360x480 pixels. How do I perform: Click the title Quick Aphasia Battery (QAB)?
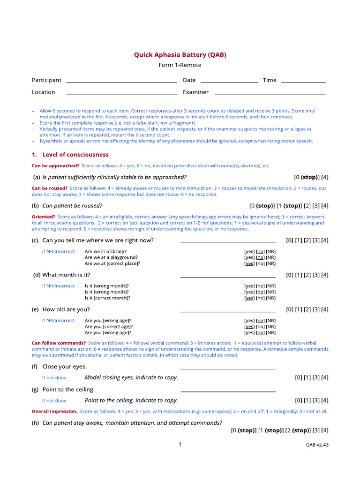click(180, 55)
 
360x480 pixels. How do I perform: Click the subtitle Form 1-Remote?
click(180, 65)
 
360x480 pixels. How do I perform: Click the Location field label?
click(43, 92)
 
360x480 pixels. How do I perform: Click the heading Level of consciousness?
click(75, 155)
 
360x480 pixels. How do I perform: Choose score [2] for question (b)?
click(307, 206)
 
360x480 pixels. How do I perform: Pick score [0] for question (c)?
click(289, 240)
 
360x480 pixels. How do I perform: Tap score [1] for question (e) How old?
click(298, 309)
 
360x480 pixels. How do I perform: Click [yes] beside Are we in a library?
click(249, 251)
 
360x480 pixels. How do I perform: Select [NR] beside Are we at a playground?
click(271, 257)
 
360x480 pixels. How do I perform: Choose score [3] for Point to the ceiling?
click(316, 401)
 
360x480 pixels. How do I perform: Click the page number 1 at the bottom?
click(180, 445)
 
